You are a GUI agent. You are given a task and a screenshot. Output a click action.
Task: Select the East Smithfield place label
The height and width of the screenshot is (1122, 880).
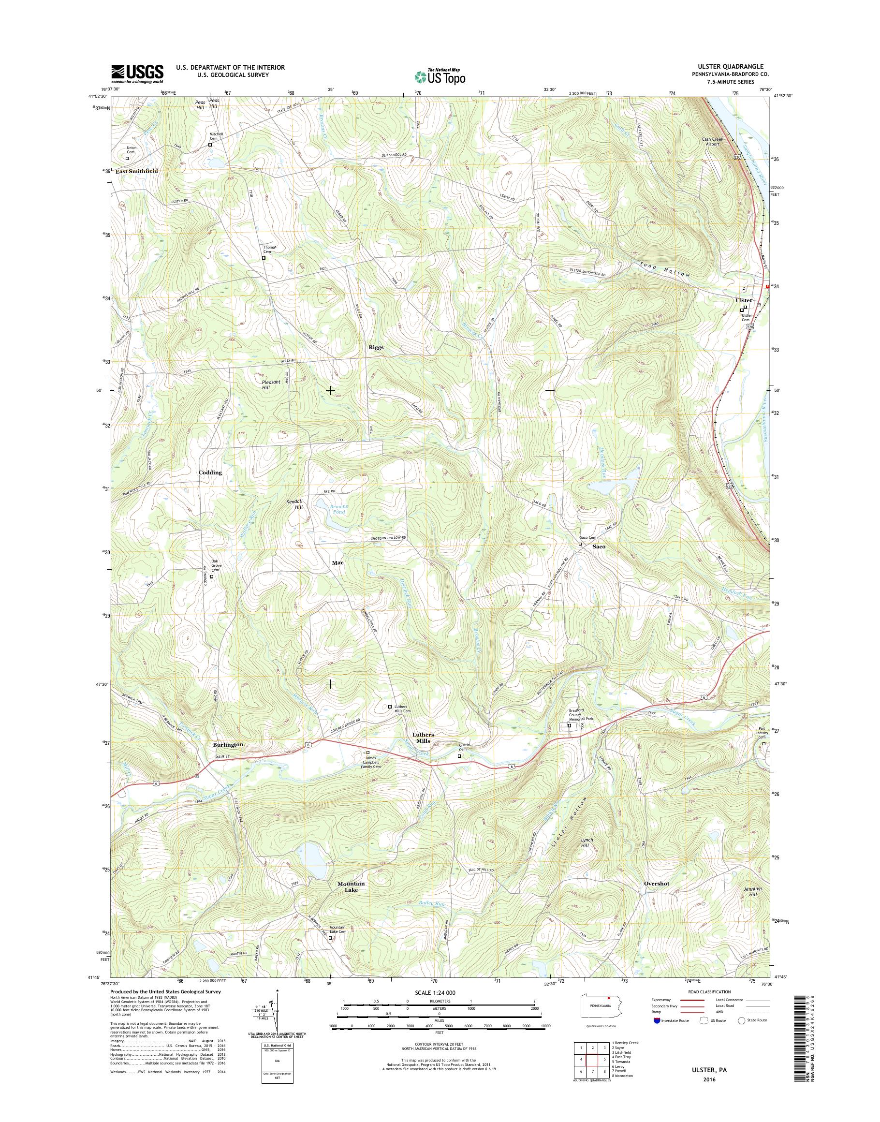tap(136, 171)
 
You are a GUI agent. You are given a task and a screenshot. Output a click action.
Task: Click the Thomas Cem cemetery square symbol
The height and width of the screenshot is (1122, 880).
tap(264, 258)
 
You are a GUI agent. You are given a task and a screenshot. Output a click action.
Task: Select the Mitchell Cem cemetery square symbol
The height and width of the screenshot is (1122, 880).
tap(210, 146)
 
